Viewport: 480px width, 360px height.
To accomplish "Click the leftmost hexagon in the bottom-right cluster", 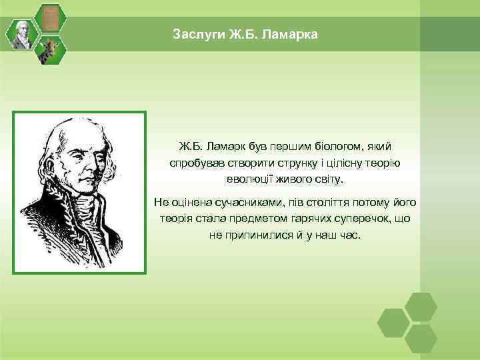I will (x=393, y=322).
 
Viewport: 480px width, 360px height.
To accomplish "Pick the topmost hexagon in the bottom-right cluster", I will (x=421, y=306).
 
